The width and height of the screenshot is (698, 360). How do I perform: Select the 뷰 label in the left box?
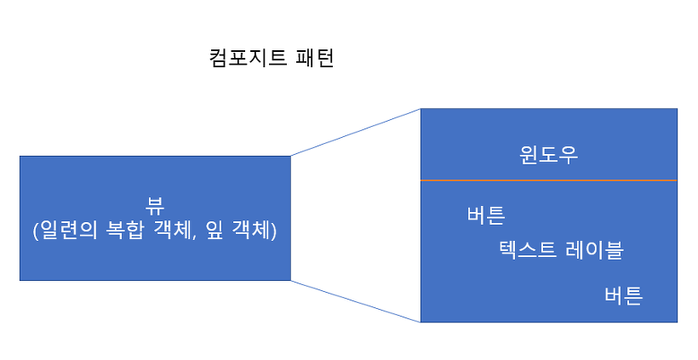[x=155, y=207]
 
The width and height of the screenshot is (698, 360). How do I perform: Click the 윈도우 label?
[x=549, y=157]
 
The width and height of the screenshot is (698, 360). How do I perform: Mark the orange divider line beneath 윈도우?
[x=549, y=180]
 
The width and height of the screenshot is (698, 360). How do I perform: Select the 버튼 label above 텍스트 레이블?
[x=486, y=214]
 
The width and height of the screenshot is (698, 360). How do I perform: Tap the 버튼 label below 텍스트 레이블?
[x=623, y=295]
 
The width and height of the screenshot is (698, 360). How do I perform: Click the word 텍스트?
[x=529, y=250]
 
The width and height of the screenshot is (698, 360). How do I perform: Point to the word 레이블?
[x=594, y=250]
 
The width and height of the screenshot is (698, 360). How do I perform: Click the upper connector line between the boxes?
[x=356, y=132]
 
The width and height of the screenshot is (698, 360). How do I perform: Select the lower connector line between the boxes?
[x=356, y=301]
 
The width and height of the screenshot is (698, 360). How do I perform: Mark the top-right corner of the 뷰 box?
[x=291, y=156]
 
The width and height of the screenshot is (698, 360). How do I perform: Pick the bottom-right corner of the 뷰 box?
[x=291, y=280]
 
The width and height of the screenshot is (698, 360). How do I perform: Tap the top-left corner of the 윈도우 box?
[x=421, y=109]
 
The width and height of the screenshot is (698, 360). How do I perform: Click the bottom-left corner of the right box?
[x=421, y=322]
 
